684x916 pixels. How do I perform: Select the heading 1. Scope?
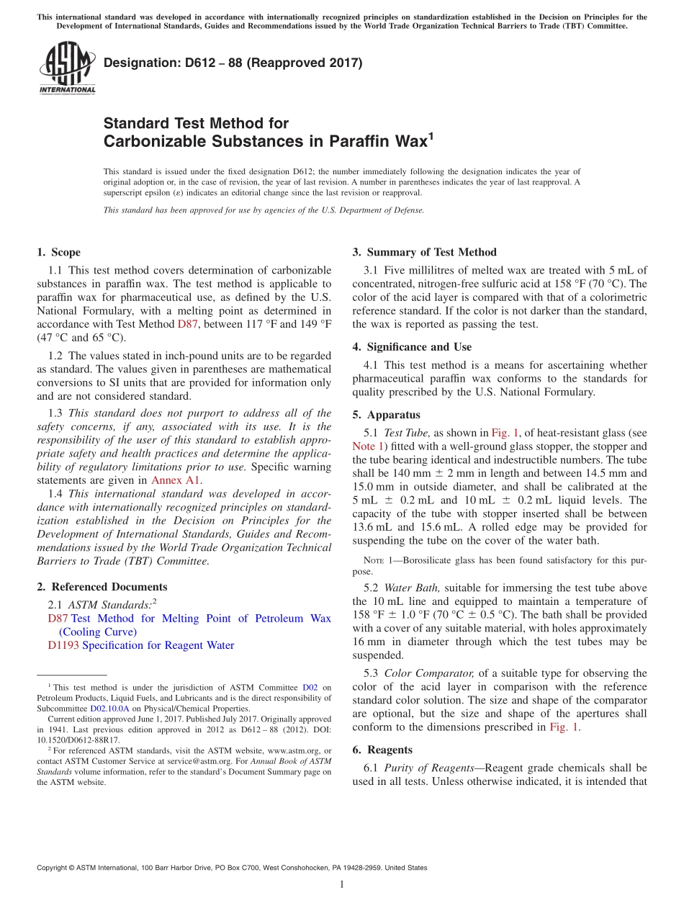[x=58, y=252]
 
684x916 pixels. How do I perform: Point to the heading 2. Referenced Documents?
[x=102, y=587]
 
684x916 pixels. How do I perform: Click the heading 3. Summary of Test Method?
[x=424, y=252]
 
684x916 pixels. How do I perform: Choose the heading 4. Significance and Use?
[x=412, y=347]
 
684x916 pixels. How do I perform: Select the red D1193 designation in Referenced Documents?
[x=63, y=645]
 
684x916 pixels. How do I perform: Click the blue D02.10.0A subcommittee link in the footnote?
[x=109, y=709]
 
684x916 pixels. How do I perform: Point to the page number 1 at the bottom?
[x=341, y=884]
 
